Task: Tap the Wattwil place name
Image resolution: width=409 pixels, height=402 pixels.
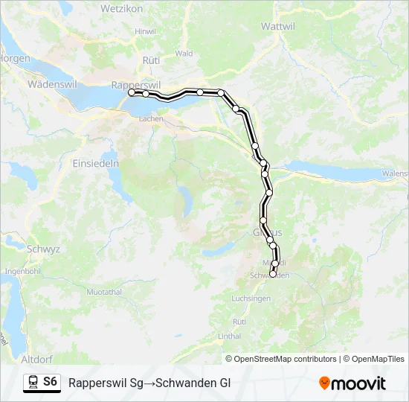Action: tap(280, 25)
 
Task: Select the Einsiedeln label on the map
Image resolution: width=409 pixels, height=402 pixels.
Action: tap(95, 163)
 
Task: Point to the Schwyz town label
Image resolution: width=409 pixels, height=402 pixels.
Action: tap(43, 249)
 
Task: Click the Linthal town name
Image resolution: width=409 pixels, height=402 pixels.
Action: tap(230, 336)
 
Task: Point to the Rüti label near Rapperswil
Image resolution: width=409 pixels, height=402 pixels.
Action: tap(151, 60)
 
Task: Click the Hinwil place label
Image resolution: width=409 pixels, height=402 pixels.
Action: tap(144, 31)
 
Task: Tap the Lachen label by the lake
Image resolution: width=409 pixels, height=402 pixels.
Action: tap(151, 118)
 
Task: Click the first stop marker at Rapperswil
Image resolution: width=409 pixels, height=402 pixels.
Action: tap(131, 93)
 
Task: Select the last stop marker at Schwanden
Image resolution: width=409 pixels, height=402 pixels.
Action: tap(272, 274)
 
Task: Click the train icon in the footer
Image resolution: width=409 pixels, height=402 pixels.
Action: tap(32, 382)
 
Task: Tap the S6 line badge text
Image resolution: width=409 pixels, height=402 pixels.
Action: tap(50, 382)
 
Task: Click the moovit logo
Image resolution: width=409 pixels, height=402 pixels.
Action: tap(352, 383)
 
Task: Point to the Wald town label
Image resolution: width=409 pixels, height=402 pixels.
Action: tap(184, 54)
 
